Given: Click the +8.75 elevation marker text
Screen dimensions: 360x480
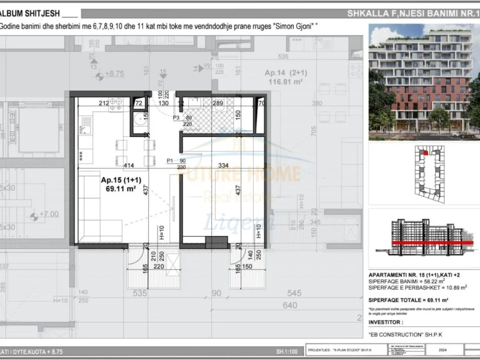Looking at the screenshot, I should click(x=114, y=74).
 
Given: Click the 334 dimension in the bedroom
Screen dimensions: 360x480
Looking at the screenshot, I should click(x=224, y=165).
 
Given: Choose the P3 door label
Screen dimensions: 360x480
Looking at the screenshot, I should click(x=176, y=117).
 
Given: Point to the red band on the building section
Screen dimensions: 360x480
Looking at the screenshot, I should click(x=429, y=243).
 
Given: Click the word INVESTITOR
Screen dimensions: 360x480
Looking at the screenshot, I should click(x=386, y=322).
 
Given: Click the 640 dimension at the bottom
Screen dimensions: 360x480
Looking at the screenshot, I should click(x=290, y=305).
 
